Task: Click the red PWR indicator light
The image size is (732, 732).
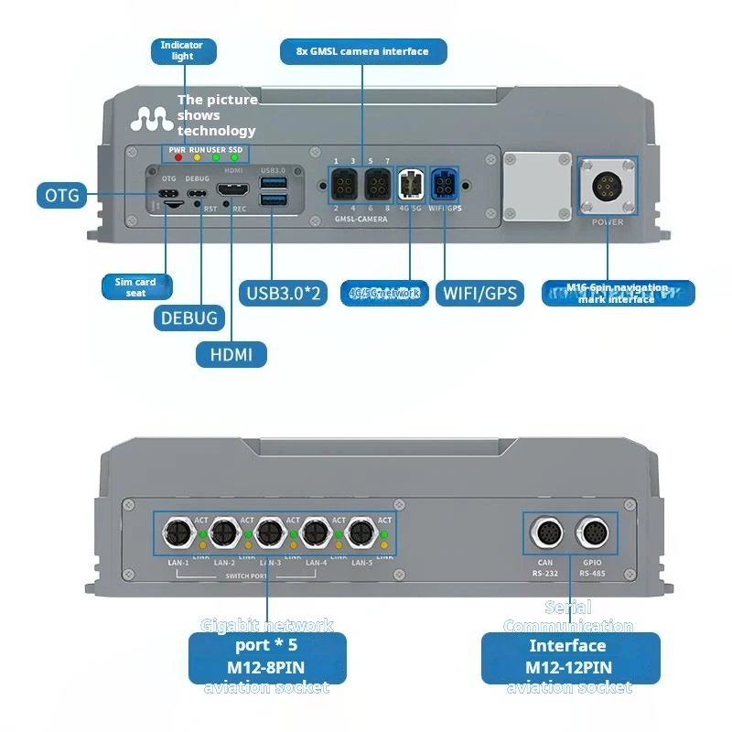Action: [177, 156]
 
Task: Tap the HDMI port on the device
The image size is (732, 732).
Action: [232, 191]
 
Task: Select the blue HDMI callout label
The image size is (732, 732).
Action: [231, 354]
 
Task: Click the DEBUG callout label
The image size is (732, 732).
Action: [189, 318]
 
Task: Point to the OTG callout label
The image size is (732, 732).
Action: [62, 194]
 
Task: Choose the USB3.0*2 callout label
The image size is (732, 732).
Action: [283, 293]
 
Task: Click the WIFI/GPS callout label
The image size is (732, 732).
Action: [480, 293]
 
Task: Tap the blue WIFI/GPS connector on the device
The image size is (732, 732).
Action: [447, 187]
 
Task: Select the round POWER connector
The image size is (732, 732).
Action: [608, 188]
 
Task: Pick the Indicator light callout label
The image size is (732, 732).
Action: [182, 50]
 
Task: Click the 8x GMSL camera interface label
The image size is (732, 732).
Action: [363, 51]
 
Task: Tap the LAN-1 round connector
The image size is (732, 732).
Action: [176, 533]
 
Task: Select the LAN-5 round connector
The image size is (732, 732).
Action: [360, 533]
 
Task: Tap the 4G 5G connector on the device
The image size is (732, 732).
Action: [410, 187]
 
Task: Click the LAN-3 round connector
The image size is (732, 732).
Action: [268, 533]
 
